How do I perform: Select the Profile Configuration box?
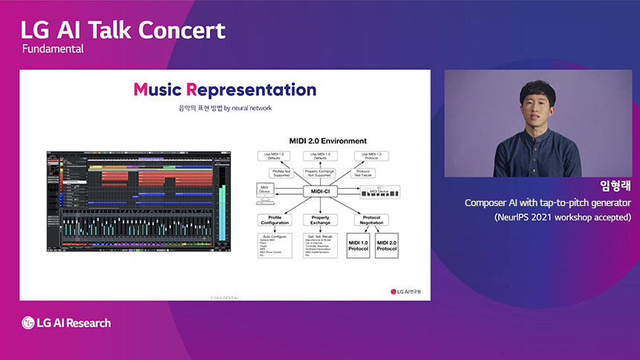(275, 220)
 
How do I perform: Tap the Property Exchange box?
(321, 220)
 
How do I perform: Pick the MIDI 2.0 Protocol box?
(387, 246)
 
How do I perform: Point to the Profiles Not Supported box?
(275, 173)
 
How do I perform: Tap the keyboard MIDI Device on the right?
(379, 191)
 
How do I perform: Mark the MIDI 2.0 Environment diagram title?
(327, 141)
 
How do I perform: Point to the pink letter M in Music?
(141, 90)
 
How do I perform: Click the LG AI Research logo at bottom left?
(66, 323)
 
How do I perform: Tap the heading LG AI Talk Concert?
(123, 30)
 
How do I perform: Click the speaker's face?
(537, 106)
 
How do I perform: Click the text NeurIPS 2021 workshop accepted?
(562, 217)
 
